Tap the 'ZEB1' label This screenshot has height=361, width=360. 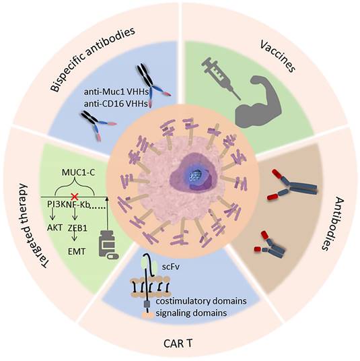79,228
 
